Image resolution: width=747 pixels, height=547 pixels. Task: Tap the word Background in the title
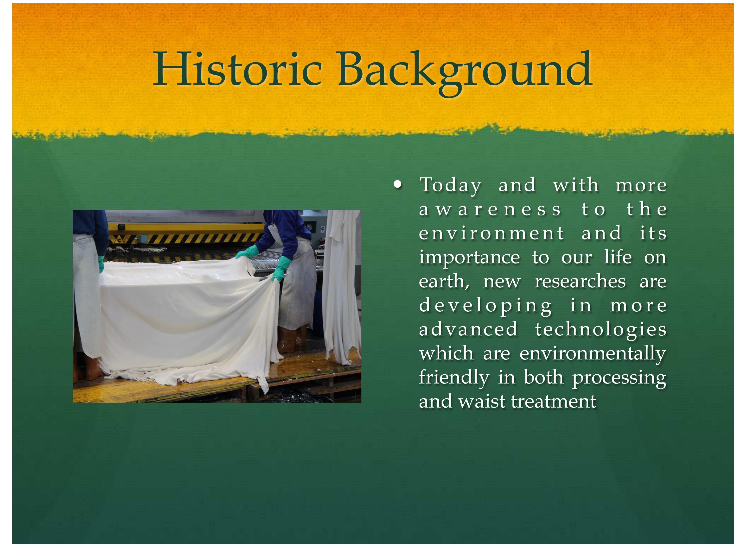coord(465,73)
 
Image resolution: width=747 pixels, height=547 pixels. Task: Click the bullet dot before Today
coord(398,184)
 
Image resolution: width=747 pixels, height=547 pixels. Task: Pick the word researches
coord(580,282)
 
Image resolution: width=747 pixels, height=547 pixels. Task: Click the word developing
coord(485,306)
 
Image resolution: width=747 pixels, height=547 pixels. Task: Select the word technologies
coord(600,330)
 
